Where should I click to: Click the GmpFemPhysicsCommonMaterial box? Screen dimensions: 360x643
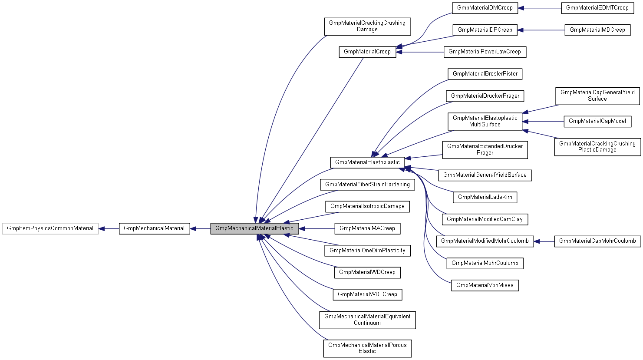pyautogui.click(x=50, y=228)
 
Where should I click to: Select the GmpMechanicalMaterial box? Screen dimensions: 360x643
pyautogui.click(x=154, y=228)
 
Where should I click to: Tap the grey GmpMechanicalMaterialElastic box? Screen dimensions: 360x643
pyautogui.click(x=254, y=228)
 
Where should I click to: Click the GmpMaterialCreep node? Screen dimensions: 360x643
pyautogui.click(x=367, y=52)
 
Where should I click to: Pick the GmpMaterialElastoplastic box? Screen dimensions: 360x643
pyautogui.click(x=367, y=162)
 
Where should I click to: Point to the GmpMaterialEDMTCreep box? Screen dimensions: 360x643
pyautogui.click(x=597, y=8)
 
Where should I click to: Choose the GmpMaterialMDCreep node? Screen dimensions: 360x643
pyautogui.click(x=597, y=30)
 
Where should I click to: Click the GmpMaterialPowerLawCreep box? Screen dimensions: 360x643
pyautogui.click(x=485, y=52)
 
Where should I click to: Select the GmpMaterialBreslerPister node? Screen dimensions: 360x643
pyautogui.click(x=485, y=74)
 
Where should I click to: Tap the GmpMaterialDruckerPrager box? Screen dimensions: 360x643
pyautogui.click(x=485, y=96)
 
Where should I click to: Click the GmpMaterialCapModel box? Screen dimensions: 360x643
pyautogui.click(x=597, y=121)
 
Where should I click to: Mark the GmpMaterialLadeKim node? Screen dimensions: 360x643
pyautogui.click(x=485, y=197)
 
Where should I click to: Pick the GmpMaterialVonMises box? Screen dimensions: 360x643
pyautogui.click(x=485, y=285)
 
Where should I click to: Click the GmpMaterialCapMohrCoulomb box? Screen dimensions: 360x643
pyautogui.click(x=597, y=241)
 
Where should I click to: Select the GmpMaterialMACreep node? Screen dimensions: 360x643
pyautogui.click(x=367, y=228)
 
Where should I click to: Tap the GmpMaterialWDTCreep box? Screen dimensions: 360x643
pyautogui.click(x=367, y=294)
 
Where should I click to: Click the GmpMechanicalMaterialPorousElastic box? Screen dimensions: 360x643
pyautogui.click(x=367, y=348)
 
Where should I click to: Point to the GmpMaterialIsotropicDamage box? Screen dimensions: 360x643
pyautogui.click(x=367, y=206)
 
